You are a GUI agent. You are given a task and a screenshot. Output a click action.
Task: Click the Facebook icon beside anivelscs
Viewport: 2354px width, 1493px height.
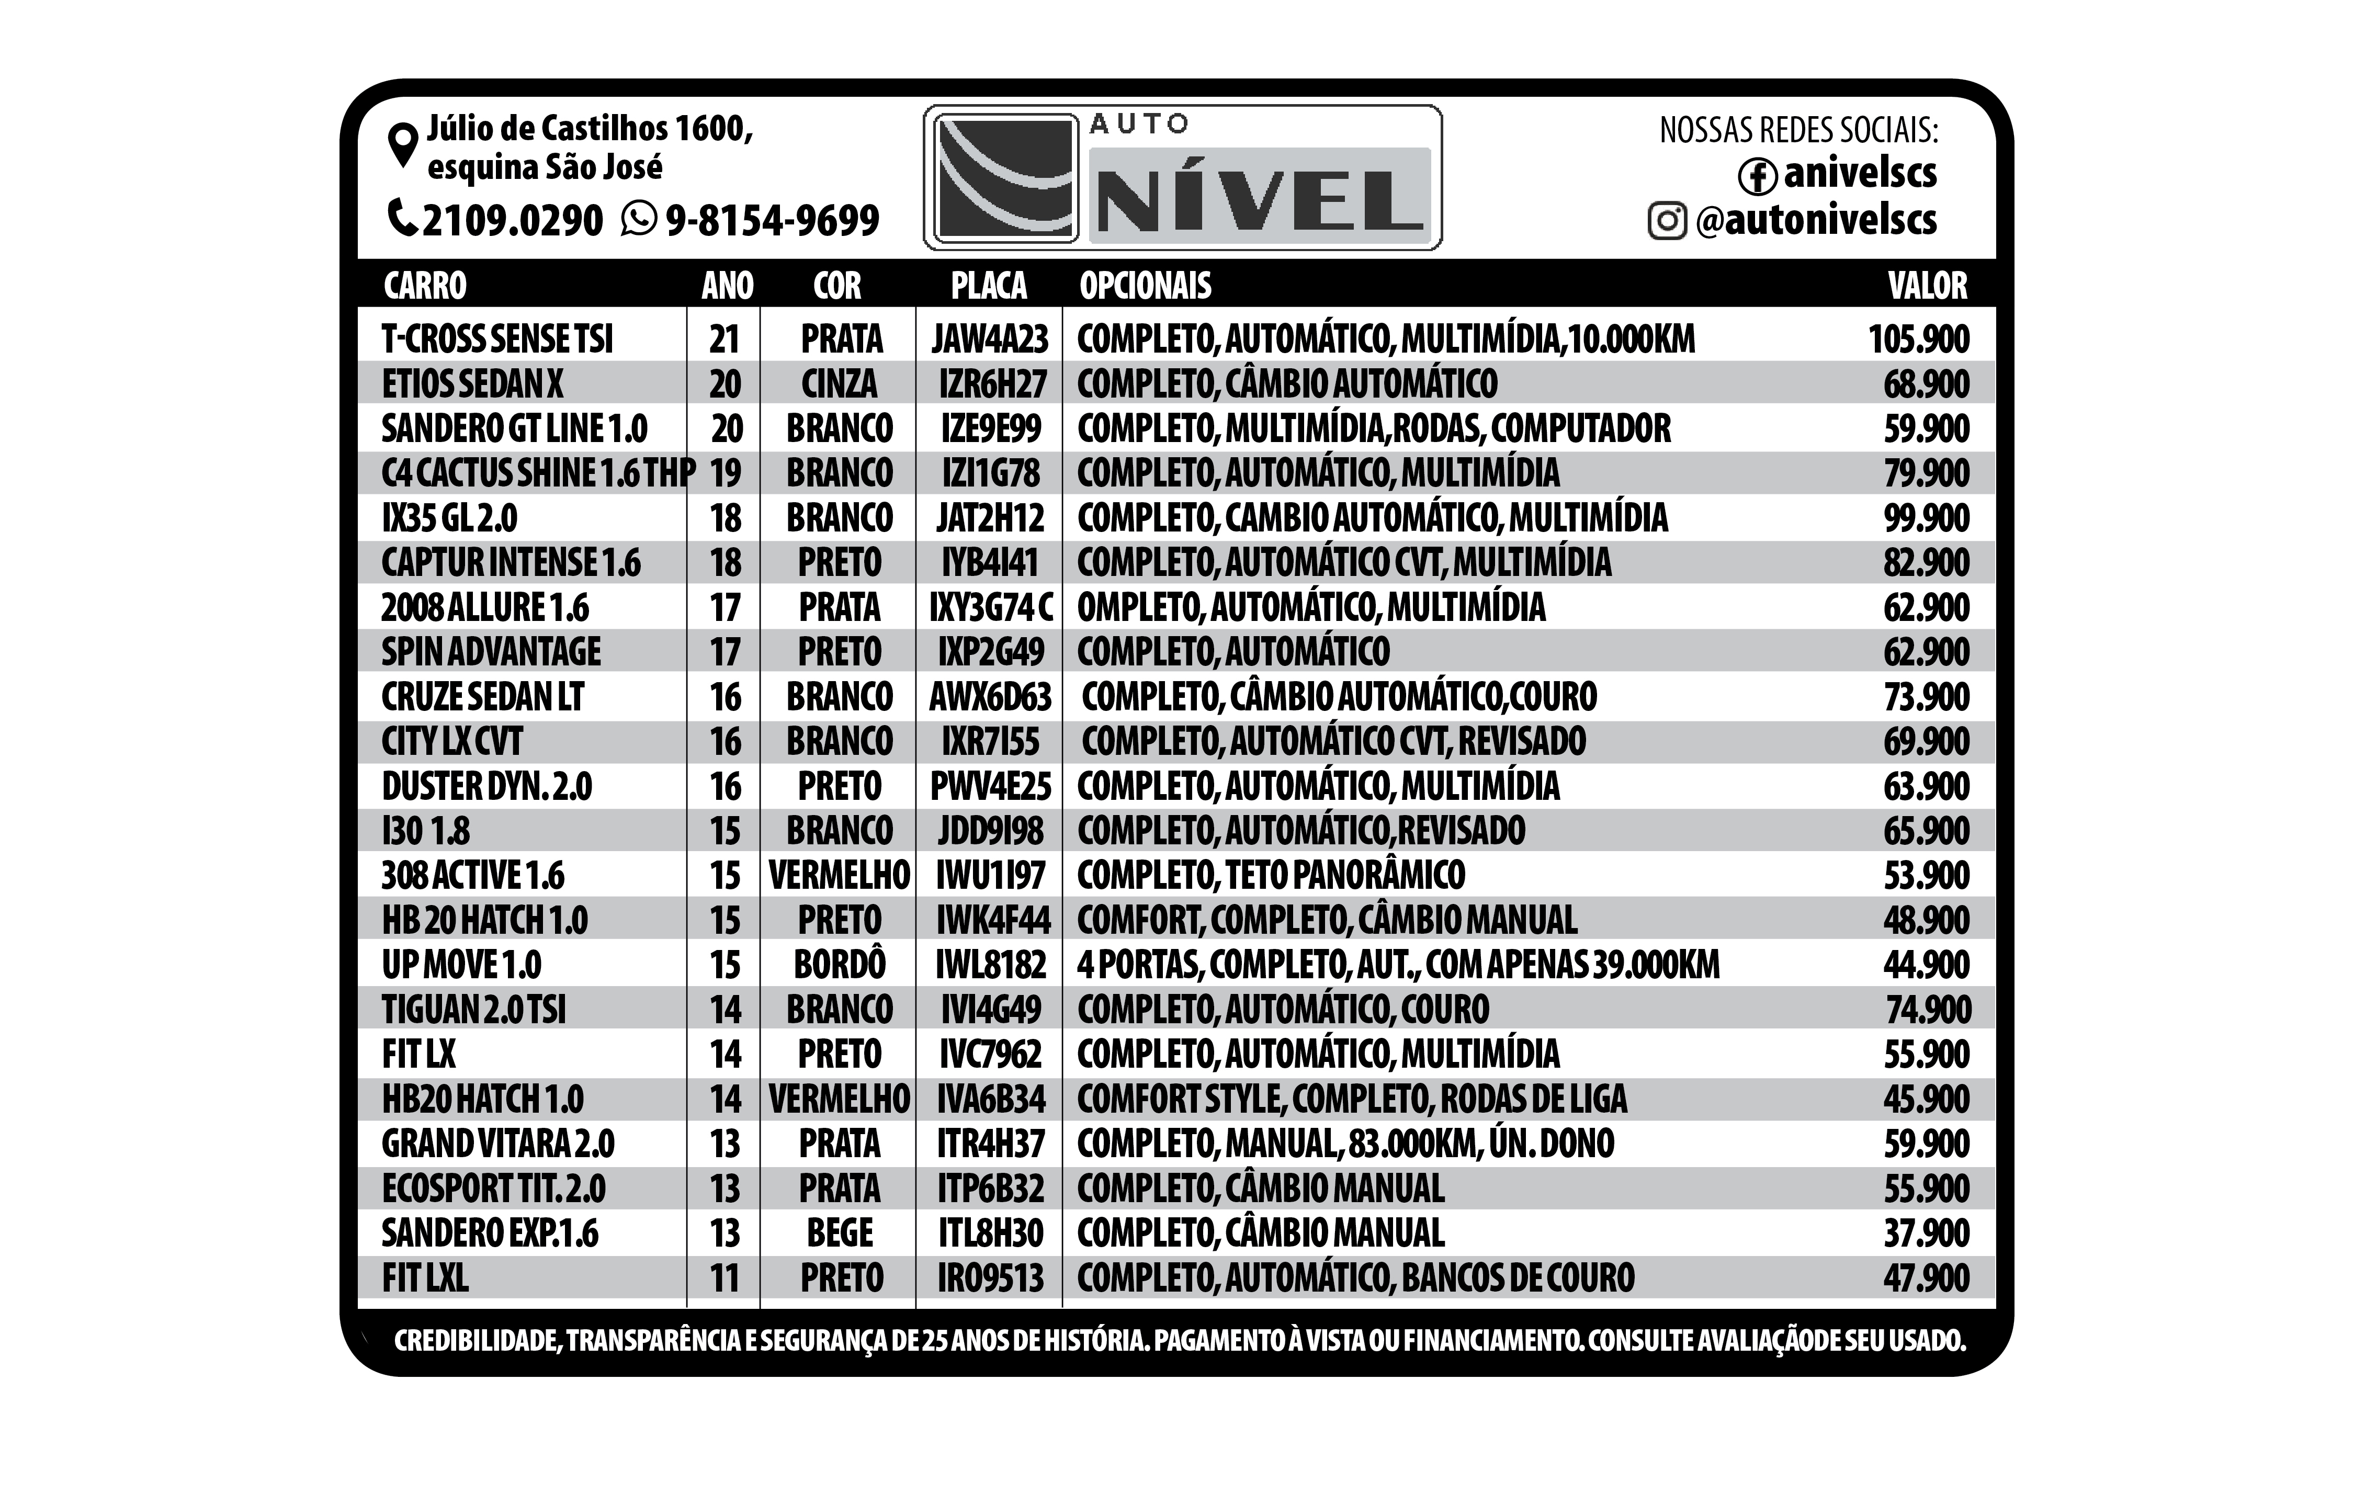pos(1757,176)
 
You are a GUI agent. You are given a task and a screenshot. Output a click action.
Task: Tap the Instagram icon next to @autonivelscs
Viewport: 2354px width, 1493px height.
pos(1667,221)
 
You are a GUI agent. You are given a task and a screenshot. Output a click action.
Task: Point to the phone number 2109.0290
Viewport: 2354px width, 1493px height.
pos(512,221)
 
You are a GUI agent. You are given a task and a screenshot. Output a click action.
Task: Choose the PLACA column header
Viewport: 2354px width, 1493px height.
pos(988,286)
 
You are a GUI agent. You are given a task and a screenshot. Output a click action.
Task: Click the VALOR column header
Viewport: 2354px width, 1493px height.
pos(1927,286)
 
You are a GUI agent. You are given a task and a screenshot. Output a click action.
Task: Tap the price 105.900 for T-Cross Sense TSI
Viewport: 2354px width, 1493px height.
pos(1918,340)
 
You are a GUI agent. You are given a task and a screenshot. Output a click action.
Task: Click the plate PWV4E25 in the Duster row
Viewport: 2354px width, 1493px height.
pos(990,786)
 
